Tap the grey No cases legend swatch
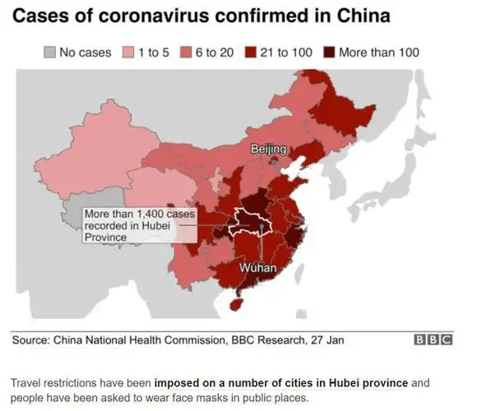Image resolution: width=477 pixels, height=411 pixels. [x=49, y=53]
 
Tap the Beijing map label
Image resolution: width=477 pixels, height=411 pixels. [x=268, y=149]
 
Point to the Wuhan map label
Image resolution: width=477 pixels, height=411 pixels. [x=258, y=269]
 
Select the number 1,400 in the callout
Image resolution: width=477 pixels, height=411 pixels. [x=154, y=214]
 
